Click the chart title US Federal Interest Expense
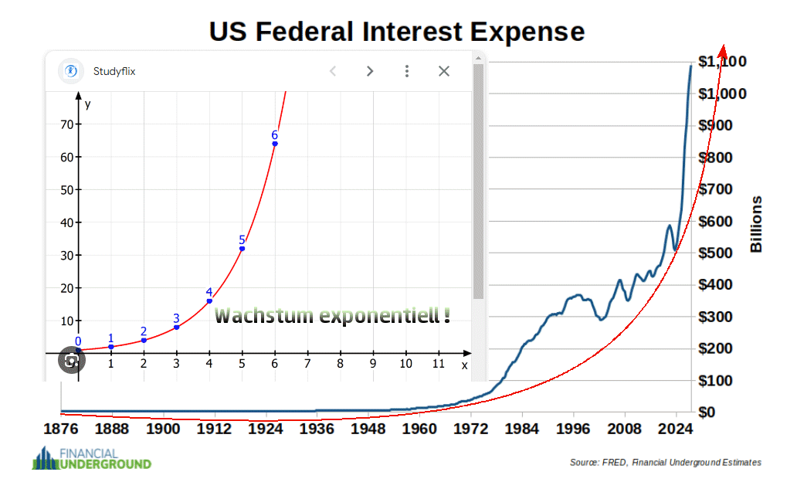point(397,32)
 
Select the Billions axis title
point(757,224)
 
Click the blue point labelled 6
point(275,144)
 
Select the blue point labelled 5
point(242,249)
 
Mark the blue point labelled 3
point(177,328)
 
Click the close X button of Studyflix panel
point(444,71)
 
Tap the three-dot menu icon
point(407,71)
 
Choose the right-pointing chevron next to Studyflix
point(370,71)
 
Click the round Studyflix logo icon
point(71,71)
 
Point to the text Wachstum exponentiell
point(332,316)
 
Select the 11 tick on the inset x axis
point(438,364)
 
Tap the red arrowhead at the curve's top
point(724,50)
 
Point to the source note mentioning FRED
point(665,462)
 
